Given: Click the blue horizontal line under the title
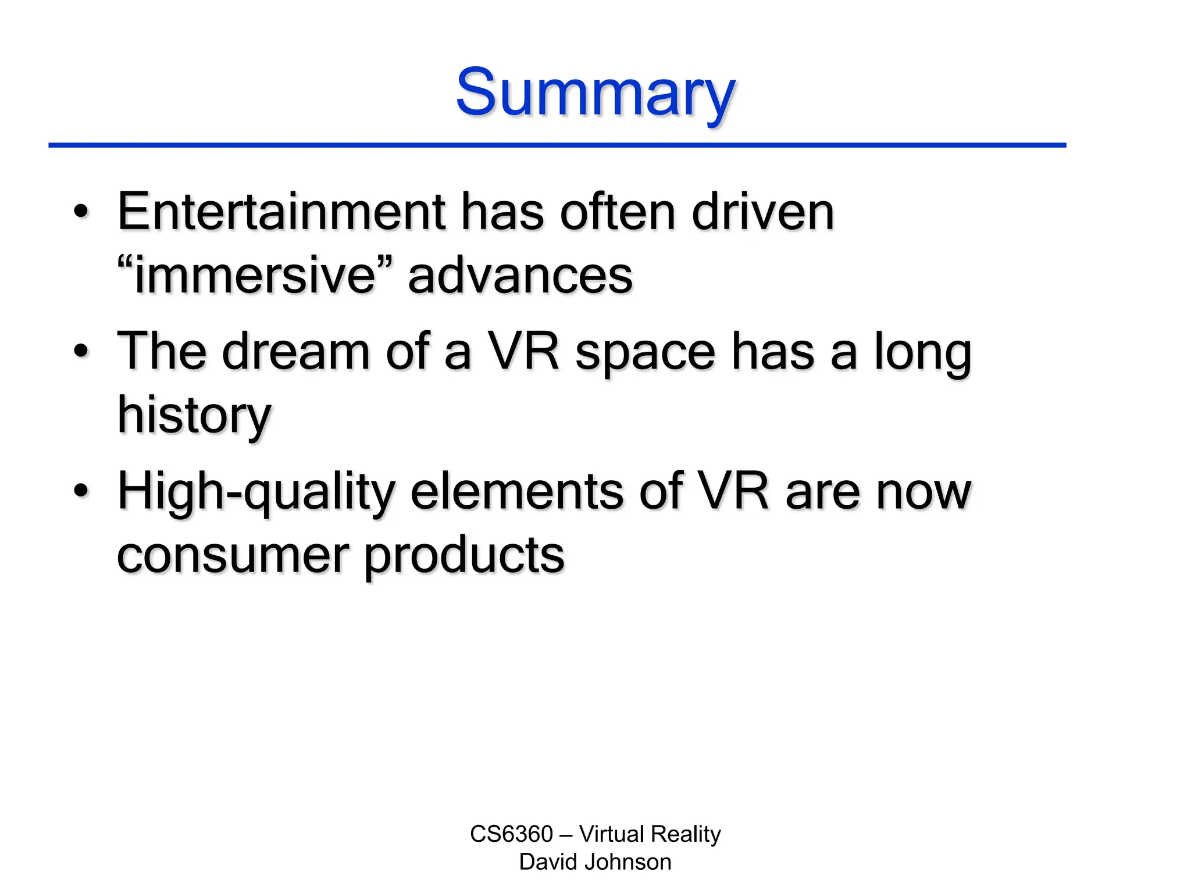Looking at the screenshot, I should (x=557, y=145).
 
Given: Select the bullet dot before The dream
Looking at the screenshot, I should (x=81, y=351).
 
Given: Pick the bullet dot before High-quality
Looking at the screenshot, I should (x=81, y=491).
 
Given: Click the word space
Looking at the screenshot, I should (x=645, y=352).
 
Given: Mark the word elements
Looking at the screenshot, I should (x=517, y=492).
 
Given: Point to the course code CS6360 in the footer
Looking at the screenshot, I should (x=511, y=834).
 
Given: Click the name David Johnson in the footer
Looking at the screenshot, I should (x=595, y=862).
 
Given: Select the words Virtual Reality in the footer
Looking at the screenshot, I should (x=650, y=834).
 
